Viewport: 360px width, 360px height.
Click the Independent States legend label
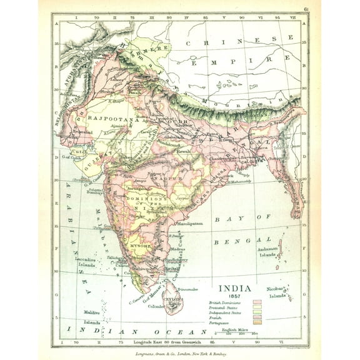tap(223, 312)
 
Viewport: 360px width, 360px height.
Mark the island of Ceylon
tap(173, 302)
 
